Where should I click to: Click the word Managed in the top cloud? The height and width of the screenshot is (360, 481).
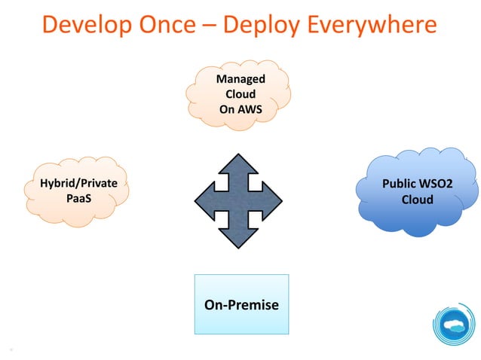point(240,79)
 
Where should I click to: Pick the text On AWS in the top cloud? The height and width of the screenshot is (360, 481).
point(240,109)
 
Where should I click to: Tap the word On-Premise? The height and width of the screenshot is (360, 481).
point(240,305)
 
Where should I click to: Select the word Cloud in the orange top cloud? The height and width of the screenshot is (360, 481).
point(240,94)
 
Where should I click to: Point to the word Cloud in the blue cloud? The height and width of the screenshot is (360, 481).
point(417,200)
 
